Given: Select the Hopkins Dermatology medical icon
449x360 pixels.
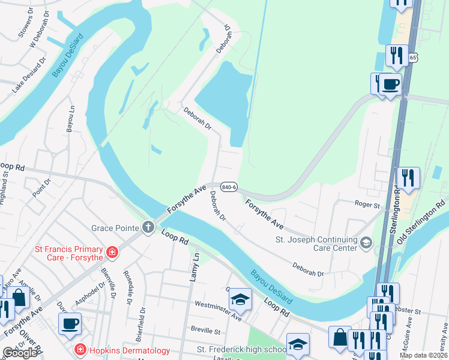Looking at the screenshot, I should [x=79, y=349].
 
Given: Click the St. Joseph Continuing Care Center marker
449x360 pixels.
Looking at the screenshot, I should [x=366, y=242].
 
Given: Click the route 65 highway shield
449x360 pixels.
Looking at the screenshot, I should [x=413, y=58].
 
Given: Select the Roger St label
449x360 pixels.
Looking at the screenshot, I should [x=368, y=205].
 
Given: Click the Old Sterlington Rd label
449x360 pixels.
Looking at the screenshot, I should [x=422, y=222].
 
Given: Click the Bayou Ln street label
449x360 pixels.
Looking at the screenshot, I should [x=71, y=121].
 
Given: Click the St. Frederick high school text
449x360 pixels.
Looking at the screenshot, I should [x=241, y=350].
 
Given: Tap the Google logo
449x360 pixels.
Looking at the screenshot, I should [x=19, y=353].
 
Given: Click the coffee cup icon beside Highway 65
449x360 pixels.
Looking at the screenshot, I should [x=390, y=85].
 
